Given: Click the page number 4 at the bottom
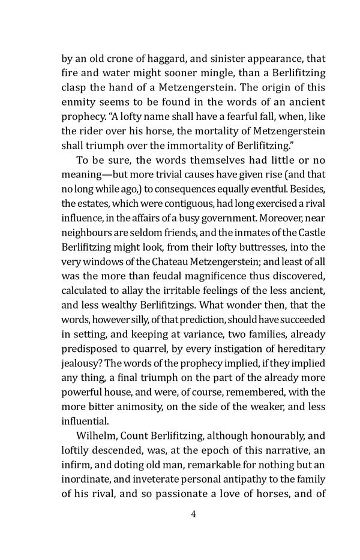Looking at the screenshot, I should [193, 514].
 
